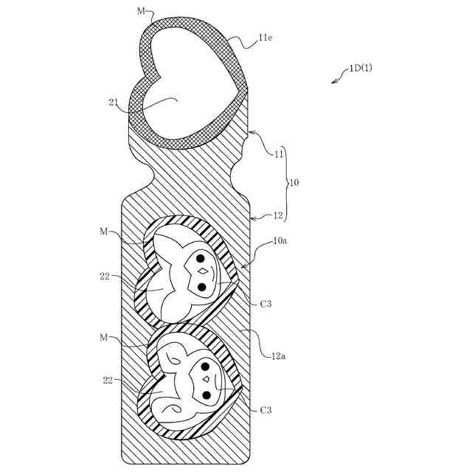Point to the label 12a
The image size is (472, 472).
(x=277, y=357)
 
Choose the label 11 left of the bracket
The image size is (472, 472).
(x=279, y=154)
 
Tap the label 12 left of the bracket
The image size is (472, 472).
(x=279, y=215)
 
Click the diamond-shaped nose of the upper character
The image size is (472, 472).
(x=201, y=271)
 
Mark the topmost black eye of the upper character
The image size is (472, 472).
(x=200, y=258)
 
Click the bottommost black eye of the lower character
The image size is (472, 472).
(x=207, y=396)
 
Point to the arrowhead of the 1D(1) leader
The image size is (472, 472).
(x=334, y=82)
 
